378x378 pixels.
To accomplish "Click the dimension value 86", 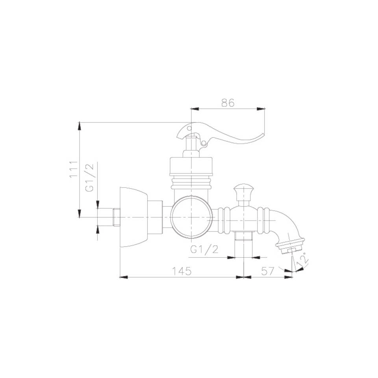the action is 228,103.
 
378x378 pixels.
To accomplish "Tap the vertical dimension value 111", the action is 74,169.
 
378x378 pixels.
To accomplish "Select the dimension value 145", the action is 182,271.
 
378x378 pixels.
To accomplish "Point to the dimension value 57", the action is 268,271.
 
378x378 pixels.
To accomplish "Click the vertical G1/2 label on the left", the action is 89,178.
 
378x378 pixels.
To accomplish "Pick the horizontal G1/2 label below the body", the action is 204,249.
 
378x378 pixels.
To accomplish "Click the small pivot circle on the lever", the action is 204,143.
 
